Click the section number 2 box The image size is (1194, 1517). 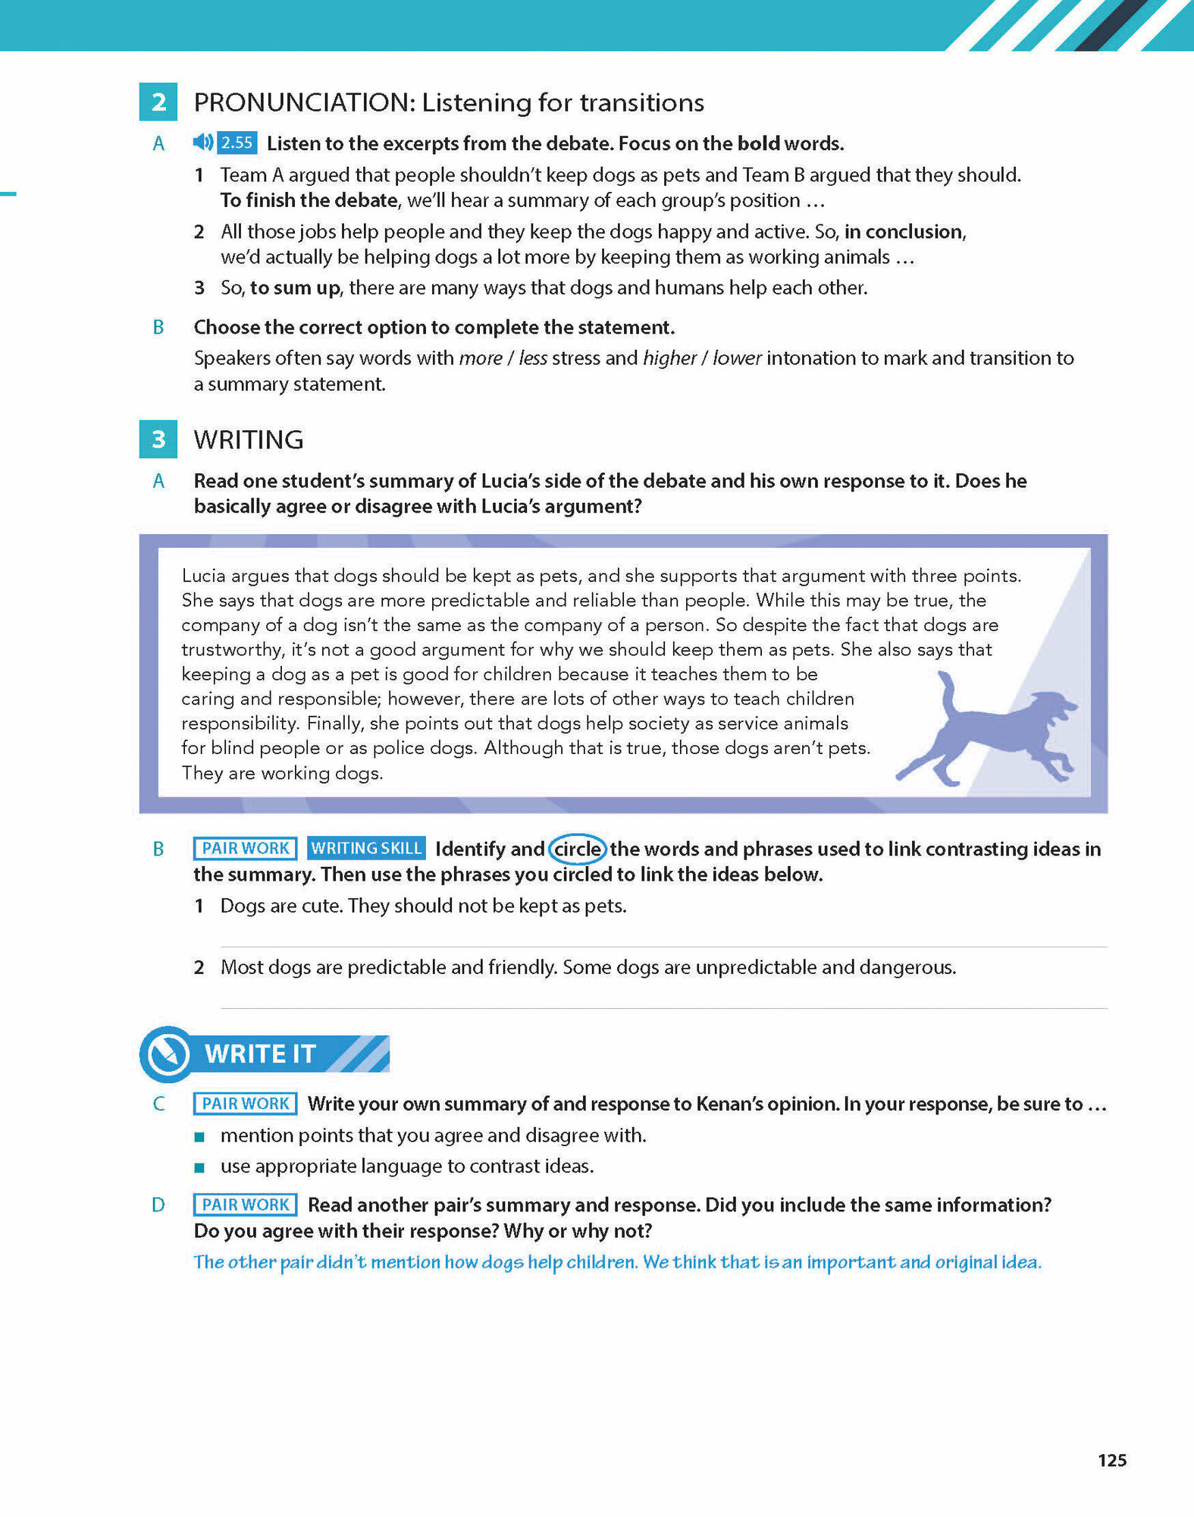(158, 102)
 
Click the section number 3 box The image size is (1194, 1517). (158, 439)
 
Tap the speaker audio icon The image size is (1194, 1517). (202, 142)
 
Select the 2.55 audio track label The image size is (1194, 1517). (237, 143)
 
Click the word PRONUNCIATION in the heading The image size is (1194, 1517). (303, 102)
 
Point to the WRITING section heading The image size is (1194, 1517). (249, 440)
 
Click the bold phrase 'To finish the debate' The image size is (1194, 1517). (309, 200)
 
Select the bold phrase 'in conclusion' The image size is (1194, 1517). (904, 231)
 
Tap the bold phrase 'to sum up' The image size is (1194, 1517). (295, 288)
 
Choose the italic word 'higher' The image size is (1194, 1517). (669, 358)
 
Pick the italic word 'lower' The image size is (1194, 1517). (737, 358)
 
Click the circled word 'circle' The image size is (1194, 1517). (578, 849)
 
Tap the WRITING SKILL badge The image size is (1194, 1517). (366, 848)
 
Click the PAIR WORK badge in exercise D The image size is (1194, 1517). (245, 1204)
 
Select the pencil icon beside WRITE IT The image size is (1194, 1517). (168, 1054)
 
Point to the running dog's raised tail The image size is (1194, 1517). (947, 687)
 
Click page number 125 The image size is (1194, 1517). (1112, 1460)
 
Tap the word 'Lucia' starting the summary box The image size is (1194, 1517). (204, 576)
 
